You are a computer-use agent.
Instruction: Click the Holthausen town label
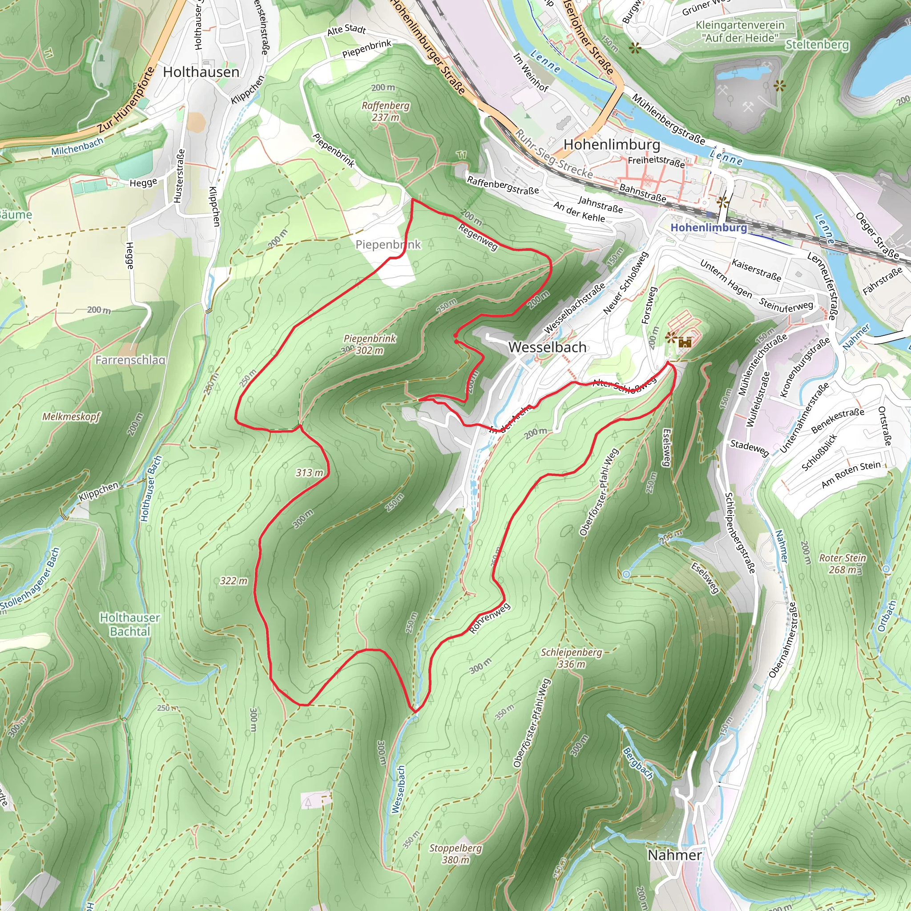[201, 72]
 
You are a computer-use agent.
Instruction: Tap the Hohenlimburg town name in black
[612, 144]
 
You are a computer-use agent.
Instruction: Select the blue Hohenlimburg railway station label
[708, 228]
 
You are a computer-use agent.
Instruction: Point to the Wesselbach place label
[547, 347]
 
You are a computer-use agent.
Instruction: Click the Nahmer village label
[674, 855]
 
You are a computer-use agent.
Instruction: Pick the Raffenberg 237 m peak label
[386, 111]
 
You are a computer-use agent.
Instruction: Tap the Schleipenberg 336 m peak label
[571, 658]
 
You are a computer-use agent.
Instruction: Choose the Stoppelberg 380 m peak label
[455, 854]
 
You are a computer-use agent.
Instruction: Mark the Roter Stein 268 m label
[842, 564]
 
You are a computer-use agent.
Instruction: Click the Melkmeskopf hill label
[71, 416]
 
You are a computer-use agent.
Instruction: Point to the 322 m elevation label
[234, 581]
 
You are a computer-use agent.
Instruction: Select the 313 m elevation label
[309, 472]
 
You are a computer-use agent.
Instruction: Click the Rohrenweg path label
[490, 618]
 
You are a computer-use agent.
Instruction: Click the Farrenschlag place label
[130, 360]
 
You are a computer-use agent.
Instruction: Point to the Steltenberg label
[817, 45]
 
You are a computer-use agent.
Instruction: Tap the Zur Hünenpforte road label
[126, 100]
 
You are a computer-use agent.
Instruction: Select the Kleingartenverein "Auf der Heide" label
[740, 31]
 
